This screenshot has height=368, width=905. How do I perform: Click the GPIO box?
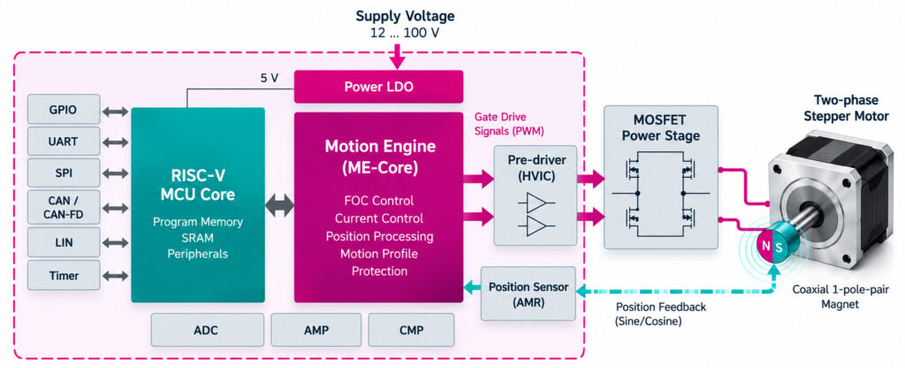pos(64,110)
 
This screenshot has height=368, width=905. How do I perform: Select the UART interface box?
pos(64,142)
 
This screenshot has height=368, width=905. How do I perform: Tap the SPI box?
pos(64,172)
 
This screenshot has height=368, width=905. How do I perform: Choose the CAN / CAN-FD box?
pos(64,207)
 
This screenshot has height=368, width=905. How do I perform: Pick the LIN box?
pos(64,242)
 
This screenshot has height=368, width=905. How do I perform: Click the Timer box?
pos(64,276)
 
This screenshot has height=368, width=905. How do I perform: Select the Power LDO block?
pos(378,87)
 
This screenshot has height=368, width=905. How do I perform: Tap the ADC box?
pos(207,331)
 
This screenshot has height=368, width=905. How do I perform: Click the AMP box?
pos(316,331)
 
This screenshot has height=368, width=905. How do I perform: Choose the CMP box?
pos(411,331)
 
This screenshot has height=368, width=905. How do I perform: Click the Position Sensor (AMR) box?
pos(529,294)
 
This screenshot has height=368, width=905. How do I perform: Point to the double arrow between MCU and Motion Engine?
pos(280,205)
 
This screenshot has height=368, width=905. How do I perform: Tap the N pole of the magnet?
pos(765,246)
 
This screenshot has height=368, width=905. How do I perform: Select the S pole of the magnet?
pos(780,246)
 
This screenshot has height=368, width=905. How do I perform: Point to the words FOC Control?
pos(378,201)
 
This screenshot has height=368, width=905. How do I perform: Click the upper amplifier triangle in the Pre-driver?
pos(537,203)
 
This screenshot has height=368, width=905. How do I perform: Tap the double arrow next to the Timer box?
pos(116,276)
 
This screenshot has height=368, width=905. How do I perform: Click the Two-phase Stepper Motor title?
pos(851,108)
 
